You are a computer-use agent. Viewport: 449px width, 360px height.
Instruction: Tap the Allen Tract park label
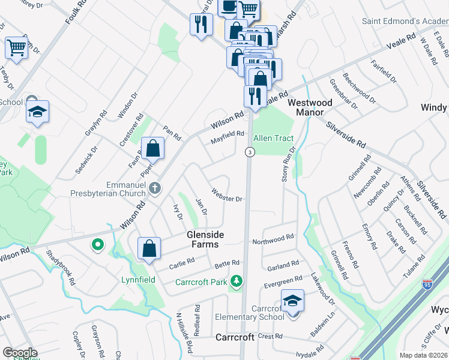click(x=274, y=139)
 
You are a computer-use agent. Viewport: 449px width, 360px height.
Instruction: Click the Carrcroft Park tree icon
click(x=238, y=281)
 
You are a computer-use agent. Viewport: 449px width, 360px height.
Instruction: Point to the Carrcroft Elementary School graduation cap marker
click(x=292, y=300)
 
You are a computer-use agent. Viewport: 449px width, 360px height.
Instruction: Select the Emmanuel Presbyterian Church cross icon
click(x=155, y=188)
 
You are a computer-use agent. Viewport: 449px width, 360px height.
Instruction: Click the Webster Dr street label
click(x=226, y=196)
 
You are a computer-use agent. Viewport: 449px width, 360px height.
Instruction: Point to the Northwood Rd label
click(x=273, y=239)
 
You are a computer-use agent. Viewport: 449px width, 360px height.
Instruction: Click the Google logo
click(x=19, y=353)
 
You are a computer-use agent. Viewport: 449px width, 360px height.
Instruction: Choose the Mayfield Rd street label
click(x=228, y=137)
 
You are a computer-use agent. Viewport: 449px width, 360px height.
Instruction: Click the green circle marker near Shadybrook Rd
click(x=97, y=245)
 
